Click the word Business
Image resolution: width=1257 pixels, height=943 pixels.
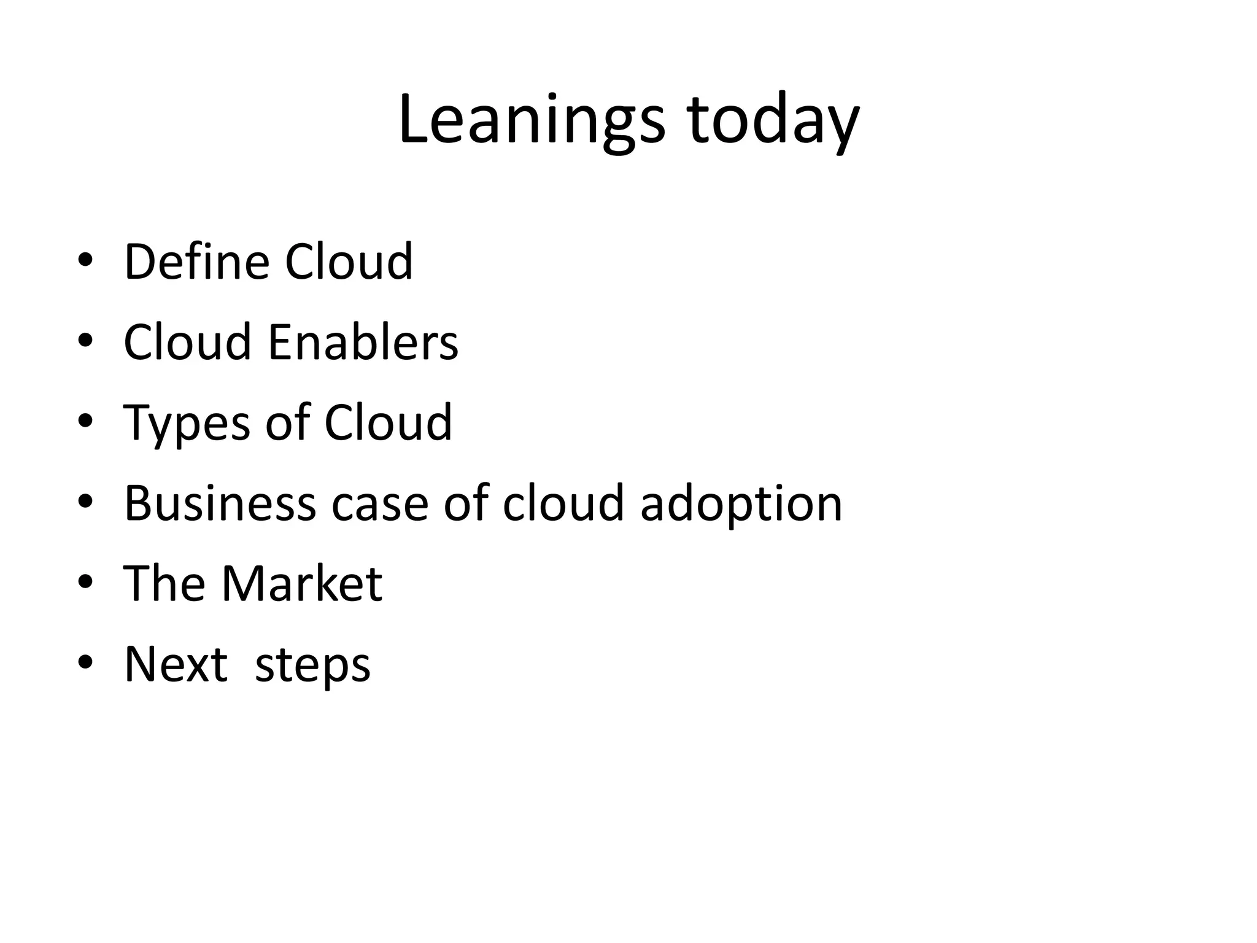click(x=220, y=503)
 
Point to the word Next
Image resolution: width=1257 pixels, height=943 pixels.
click(x=176, y=664)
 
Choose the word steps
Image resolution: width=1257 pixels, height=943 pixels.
click(x=312, y=666)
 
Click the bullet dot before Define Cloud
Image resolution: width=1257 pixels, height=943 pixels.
click(x=85, y=260)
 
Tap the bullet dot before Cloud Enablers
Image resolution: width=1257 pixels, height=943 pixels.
click(x=85, y=341)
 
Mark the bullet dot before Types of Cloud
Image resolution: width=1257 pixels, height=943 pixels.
click(x=85, y=421)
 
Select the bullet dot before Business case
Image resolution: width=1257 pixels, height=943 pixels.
click(x=85, y=502)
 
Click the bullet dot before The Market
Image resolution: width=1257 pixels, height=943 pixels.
click(x=85, y=583)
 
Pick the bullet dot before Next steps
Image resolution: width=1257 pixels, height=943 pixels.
click(x=85, y=663)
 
